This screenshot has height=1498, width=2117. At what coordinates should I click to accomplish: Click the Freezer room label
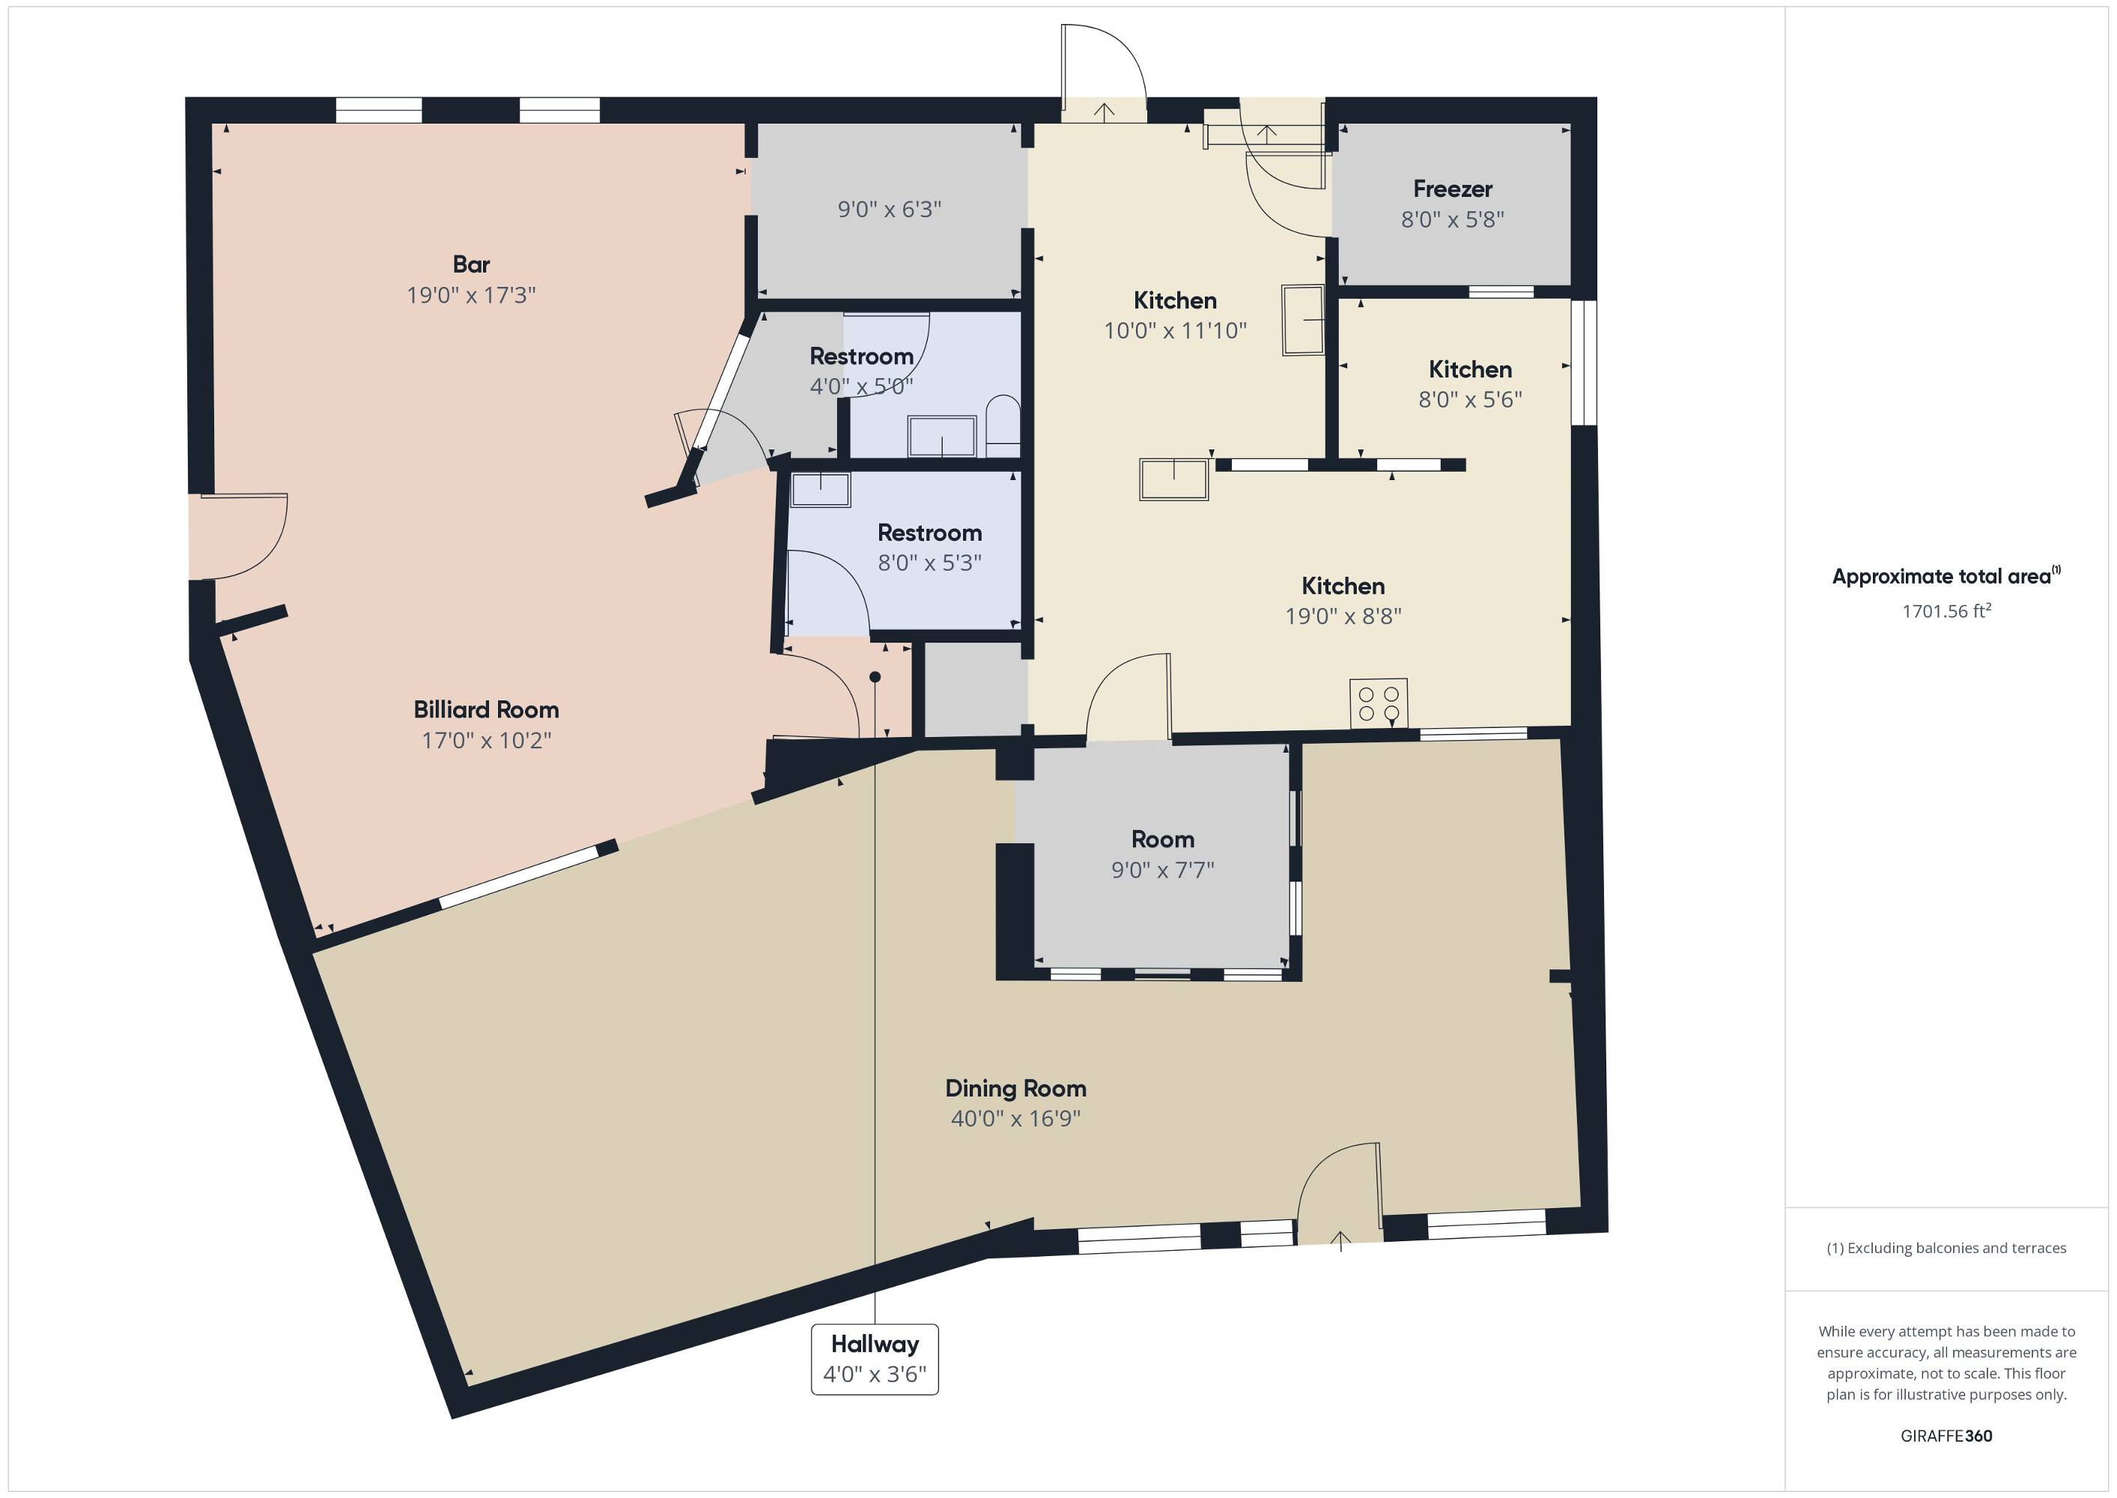pos(1452,189)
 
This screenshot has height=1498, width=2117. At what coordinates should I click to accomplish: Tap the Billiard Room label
pos(486,709)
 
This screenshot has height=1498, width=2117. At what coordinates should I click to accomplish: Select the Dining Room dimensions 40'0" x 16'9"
pos(1015,1118)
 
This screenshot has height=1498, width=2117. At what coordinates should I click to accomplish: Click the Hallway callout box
pos(874,1359)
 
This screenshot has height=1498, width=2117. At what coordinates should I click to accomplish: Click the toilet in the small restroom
pos(1002,426)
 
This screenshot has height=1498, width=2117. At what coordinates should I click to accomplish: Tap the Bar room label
pos(471,264)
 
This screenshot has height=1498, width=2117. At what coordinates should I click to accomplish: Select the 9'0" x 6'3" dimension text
pos(889,210)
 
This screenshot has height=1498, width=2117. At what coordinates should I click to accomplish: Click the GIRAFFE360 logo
pos(1946,1435)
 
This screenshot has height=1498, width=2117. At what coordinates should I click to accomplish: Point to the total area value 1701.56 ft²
pos(1946,610)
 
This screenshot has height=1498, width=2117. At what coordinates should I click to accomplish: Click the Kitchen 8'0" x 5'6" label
pos(1470,383)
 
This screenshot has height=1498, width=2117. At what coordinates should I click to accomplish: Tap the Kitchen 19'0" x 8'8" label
pos(1343,601)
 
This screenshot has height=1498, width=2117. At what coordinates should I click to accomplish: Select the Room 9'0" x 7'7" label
pos(1163,854)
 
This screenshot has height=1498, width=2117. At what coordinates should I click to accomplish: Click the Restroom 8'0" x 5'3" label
pos(929,547)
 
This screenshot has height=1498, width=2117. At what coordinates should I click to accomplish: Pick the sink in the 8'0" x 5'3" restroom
pos(821,490)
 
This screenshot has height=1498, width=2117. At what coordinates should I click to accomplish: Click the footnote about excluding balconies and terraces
pos(1946,1248)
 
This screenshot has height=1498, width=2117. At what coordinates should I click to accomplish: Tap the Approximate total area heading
pos(1946,577)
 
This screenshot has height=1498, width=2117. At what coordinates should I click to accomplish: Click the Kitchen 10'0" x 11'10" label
pos(1175,315)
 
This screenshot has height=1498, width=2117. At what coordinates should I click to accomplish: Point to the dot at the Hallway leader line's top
pos(875,677)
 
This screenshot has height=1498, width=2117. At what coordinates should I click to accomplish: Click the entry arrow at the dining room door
pos(1340,1240)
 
